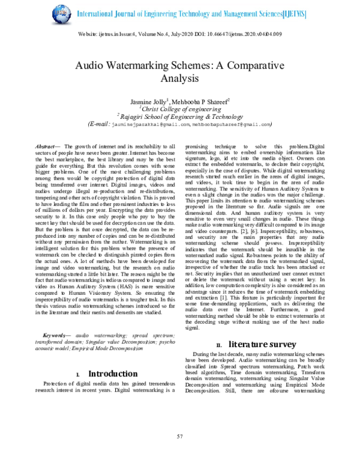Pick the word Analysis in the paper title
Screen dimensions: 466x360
pos(179,79)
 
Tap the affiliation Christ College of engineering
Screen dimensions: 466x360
pos(181,109)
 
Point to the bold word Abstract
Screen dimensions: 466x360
pos(46,147)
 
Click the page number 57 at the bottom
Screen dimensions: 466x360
pos(179,452)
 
